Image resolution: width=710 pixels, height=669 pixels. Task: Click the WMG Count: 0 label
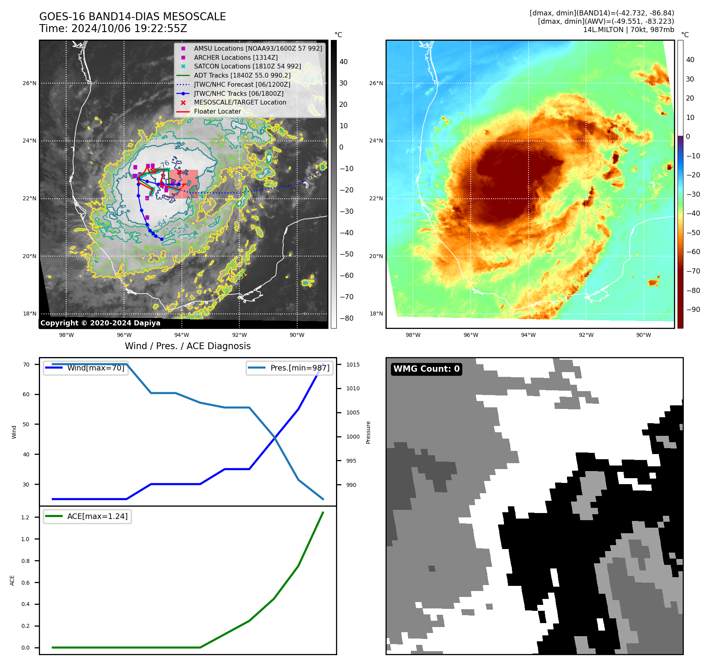(426, 369)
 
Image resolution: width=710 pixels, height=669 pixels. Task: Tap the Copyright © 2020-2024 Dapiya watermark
(100, 323)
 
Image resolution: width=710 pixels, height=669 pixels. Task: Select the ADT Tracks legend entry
(242, 75)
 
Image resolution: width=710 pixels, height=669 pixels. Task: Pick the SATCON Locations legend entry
(247, 66)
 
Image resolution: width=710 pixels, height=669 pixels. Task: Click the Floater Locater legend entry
(217, 111)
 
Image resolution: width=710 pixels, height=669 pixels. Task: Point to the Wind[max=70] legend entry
(95, 368)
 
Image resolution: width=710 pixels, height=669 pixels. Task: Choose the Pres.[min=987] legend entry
(300, 368)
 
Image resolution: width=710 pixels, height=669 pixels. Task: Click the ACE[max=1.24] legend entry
(97, 516)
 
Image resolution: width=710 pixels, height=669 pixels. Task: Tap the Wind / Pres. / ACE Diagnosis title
(188, 346)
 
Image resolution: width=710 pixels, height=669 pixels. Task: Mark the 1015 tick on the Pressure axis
(353, 365)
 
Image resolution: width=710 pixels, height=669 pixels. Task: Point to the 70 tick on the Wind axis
(26, 365)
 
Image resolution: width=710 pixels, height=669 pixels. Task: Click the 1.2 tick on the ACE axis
(25, 517)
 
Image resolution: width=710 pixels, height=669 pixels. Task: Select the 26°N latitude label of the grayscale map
(29, 83)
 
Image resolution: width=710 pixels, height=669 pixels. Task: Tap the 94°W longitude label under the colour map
(528, 335)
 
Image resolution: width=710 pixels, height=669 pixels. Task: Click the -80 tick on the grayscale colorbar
(346, 318)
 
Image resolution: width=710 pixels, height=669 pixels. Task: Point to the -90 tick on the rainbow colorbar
(693, 310)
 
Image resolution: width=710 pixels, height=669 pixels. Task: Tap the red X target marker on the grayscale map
(179, 172)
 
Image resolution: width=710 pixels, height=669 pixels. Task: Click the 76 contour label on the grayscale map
(164, 164)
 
